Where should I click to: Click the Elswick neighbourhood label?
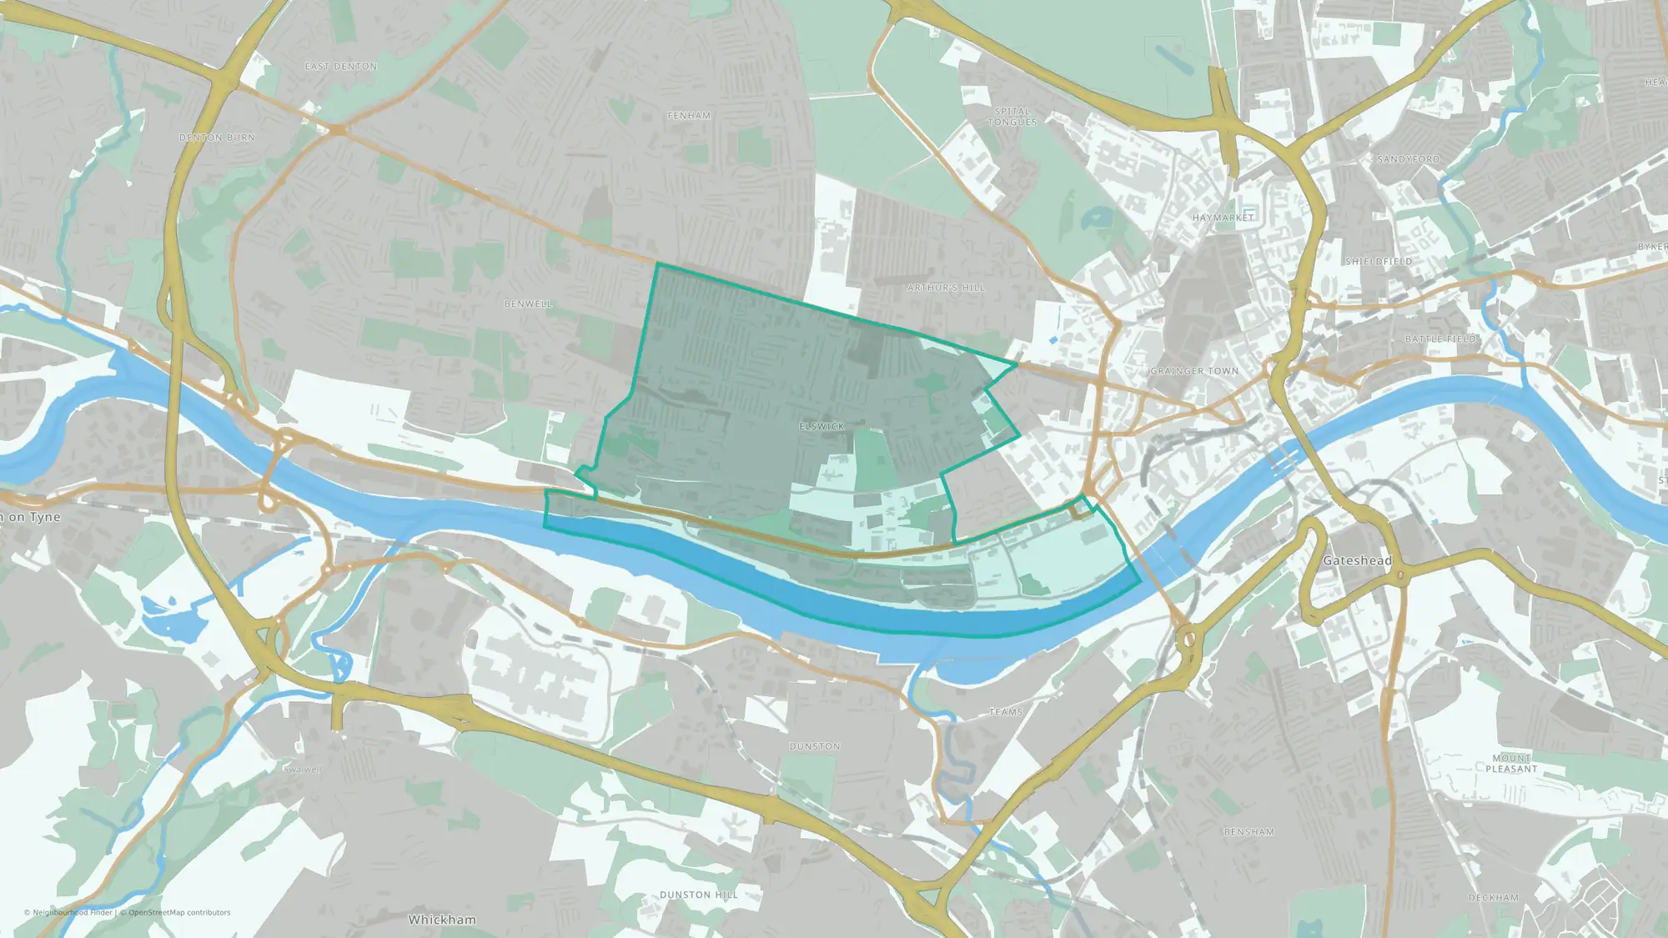[x=822, y=426]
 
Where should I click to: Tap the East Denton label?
[x=341, y=67]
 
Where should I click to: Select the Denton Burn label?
[x=218, y=138]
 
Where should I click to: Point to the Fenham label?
[x=690, y=116]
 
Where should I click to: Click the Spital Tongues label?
[x=1012, y=117]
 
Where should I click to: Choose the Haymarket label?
[x=1223, y=218]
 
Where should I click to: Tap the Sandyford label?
[x=1409, y=159]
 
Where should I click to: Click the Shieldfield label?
[x=1379, y=262]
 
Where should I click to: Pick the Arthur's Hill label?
[x=946, y=288]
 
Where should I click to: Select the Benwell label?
[x=529, y=304]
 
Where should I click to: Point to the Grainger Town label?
[x=1194, y=371]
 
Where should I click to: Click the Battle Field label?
[x=1441, y=339]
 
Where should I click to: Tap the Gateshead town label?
[x=1357, y=560]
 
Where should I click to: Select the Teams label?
[x=1006, y=712]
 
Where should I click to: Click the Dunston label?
[x=815, y=746]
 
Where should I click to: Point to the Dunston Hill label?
[x=699, y=895]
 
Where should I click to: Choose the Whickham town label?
[x=442, y=920]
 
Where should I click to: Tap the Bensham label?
[x=1248, y=832]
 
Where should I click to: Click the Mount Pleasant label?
[x=1511, y=764]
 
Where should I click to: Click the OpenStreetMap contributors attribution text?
[x=179, y=912]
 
